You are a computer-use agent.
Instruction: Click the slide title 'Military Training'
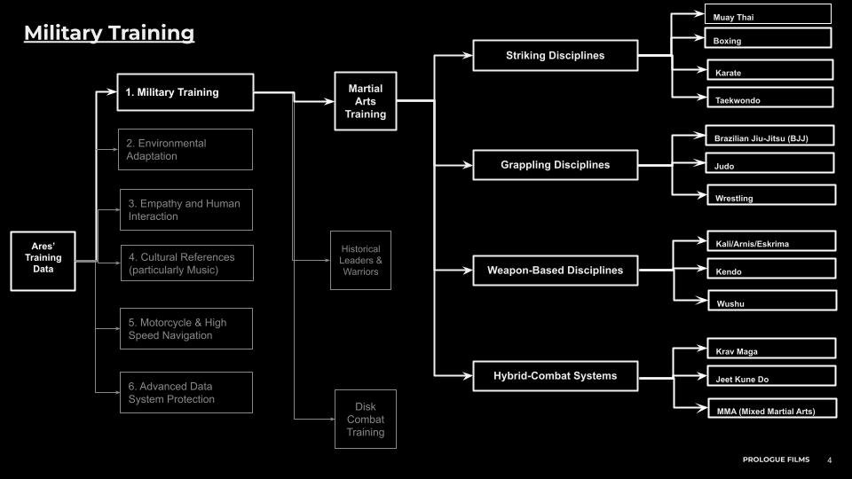coord(108,34)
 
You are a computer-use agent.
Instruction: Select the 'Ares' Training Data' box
coord(43,262)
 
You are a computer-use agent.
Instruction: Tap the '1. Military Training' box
coord(185,92)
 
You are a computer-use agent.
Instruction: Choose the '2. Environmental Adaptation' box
coord(185,149)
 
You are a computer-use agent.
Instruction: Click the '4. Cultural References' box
coord(186,263)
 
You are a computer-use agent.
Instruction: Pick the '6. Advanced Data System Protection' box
coord(186,392)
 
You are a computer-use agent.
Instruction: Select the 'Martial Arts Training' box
coord(366,102)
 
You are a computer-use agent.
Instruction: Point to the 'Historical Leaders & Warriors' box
coord(359,260)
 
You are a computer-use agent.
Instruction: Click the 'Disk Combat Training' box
coord(366,419)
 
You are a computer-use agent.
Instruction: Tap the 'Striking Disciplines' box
coord(555,55)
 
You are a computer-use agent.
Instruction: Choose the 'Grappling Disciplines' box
coord(555,165)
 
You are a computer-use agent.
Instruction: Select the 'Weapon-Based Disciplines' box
coord(555,271)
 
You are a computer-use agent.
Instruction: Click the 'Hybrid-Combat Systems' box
coord(555,375)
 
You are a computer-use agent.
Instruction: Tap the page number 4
coord(830,460)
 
